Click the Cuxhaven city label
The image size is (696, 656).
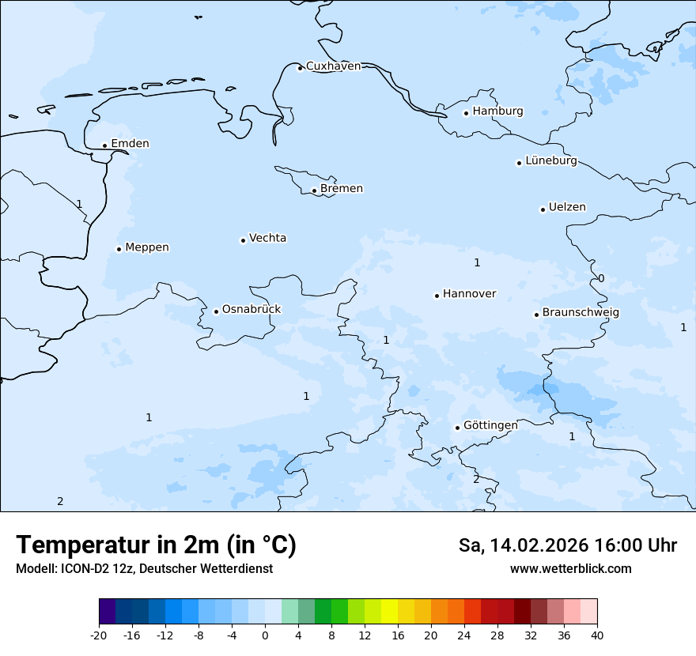point(333,66)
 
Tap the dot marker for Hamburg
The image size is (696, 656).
point(467,113)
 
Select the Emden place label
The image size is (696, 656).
point(130,144)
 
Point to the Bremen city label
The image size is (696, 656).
point(342,189)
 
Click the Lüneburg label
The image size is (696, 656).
point(551,161)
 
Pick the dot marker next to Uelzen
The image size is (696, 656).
point(543,209)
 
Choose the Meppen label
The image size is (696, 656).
point(147,247)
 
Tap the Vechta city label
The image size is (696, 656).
point(267,238)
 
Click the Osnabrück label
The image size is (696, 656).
point(252,309)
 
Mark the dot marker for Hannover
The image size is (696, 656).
point(437,296)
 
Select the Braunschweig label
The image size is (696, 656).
point(581,313)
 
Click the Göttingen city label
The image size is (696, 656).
point(490,425)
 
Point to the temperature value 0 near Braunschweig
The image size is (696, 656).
point(601,278)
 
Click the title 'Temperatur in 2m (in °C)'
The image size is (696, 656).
point(156,545)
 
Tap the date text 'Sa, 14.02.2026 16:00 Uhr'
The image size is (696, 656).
point(567,545)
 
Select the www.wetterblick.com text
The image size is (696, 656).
point(570,569)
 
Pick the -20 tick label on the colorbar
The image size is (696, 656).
point(99,635)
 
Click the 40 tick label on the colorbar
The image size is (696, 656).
point(597,635)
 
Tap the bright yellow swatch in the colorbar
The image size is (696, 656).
point(389,612)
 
